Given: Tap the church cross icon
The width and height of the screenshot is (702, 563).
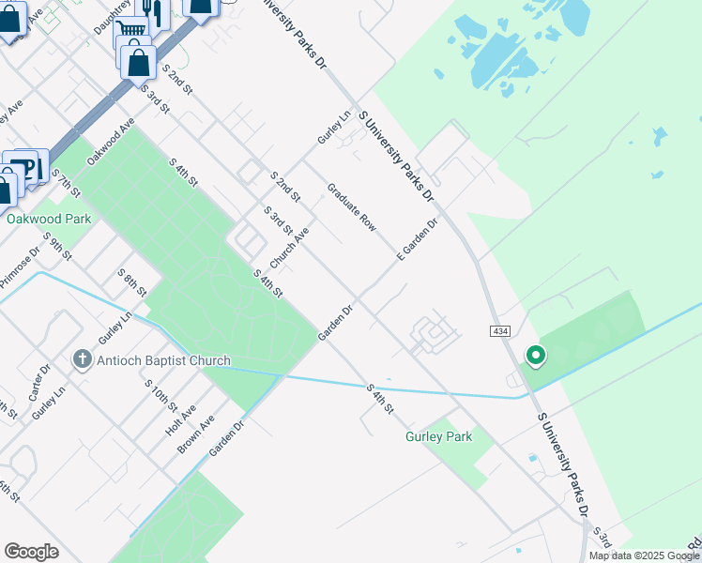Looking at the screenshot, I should (x=82, y=359).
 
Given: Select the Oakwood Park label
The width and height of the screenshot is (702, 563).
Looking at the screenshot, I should (x=48, y=219).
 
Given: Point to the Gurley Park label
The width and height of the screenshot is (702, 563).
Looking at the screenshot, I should (x=438, y=436).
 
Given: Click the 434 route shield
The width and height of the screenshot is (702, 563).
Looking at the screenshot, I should (x=499, y=332).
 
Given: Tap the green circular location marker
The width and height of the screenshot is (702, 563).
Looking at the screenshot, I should (x=535, y=356).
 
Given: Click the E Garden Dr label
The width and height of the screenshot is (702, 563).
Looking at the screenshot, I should (x=418, y=240).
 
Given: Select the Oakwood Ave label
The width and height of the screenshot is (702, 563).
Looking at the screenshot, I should (x=111, y=143).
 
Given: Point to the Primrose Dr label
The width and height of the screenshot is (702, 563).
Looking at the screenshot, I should (x=20, y=267).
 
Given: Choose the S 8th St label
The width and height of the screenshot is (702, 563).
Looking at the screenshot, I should (x=132, y=282).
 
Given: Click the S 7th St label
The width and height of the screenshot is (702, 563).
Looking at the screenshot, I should (x=68, y=183).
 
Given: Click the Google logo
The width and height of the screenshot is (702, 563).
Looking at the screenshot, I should (x=31, y=552).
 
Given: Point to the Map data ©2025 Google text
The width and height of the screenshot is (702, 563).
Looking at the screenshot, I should (x=644, y=555).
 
